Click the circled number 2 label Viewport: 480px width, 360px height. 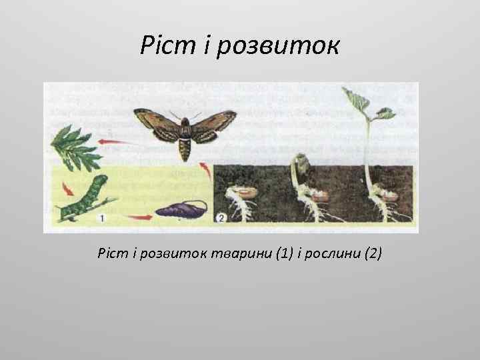pos(222,217)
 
